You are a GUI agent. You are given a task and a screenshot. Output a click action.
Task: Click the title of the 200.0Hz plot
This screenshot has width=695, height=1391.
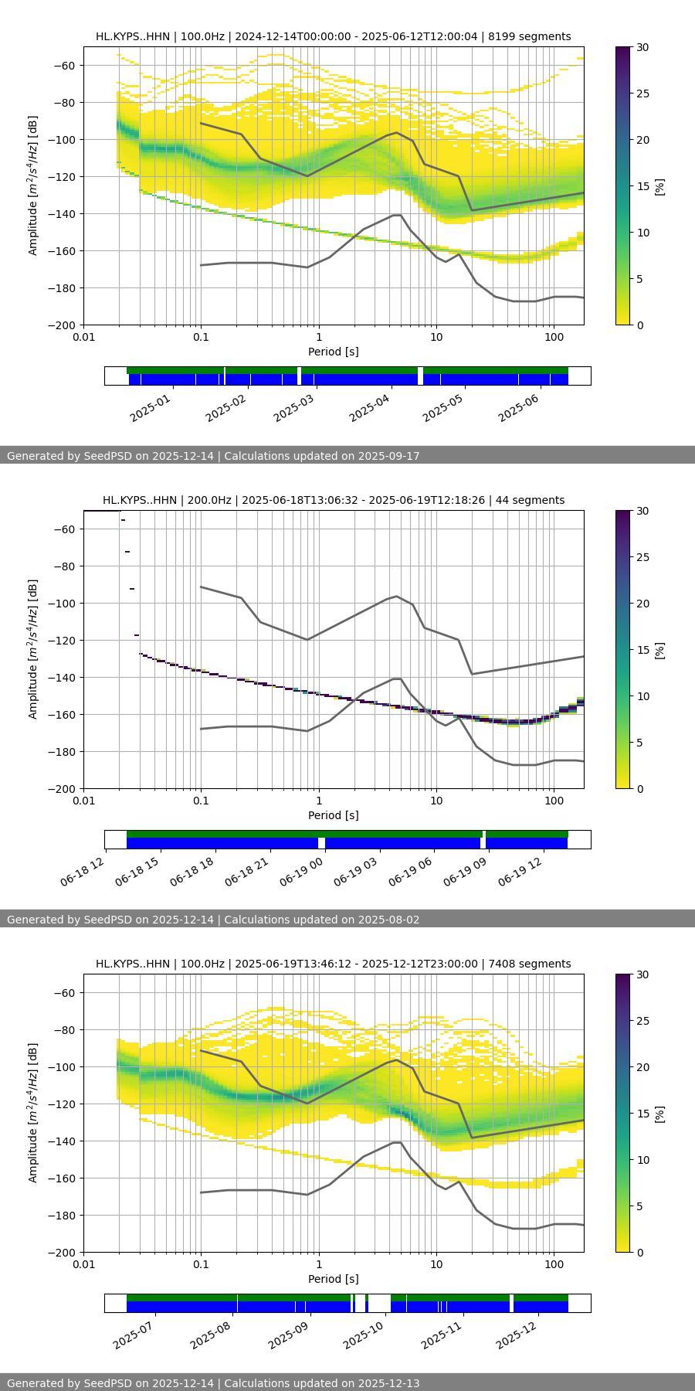point(333,500)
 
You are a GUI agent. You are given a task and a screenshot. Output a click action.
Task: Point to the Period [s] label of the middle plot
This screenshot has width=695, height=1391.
point(333,815)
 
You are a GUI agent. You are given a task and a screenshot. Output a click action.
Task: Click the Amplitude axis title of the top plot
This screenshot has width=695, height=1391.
point(32,185)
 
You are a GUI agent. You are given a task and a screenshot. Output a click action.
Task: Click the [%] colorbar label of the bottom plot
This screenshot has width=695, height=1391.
point(659,1114)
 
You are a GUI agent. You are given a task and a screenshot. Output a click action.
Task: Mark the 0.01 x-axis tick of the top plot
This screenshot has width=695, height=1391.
point(83,336)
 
